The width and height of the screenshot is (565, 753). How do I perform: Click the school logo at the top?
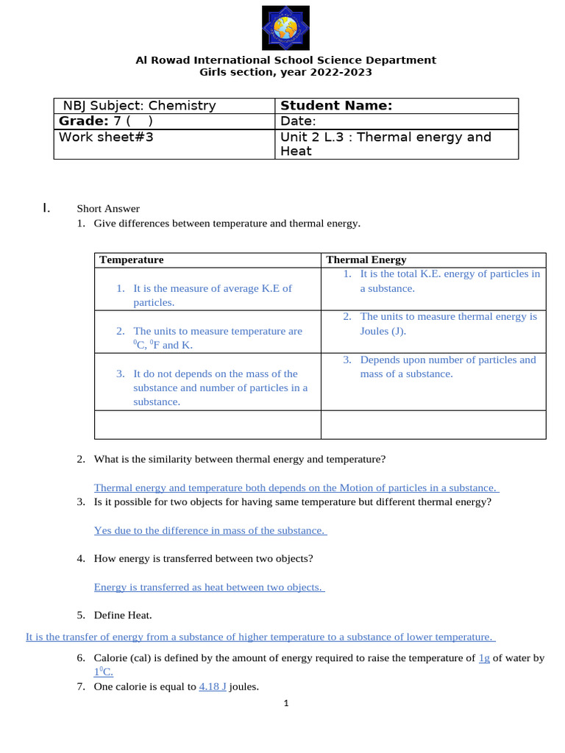point(285,28)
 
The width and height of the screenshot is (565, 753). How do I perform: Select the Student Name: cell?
point(336,106)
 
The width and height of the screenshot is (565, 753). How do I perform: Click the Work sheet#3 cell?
point(106,137)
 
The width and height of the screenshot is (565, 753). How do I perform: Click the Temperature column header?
point(132,260)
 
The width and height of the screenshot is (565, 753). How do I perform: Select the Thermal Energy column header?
point(366,260)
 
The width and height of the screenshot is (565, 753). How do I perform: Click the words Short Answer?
point(108,209)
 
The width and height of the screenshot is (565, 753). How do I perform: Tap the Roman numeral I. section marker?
point(47,208)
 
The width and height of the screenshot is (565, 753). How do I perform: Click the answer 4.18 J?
point(213,687)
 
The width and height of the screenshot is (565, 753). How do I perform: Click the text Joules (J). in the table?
point(383,331)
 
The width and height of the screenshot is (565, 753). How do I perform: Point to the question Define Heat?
point(123,615)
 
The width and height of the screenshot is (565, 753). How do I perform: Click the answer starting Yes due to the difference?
point(210,530)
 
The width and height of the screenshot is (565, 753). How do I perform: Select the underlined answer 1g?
point(484,658)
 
